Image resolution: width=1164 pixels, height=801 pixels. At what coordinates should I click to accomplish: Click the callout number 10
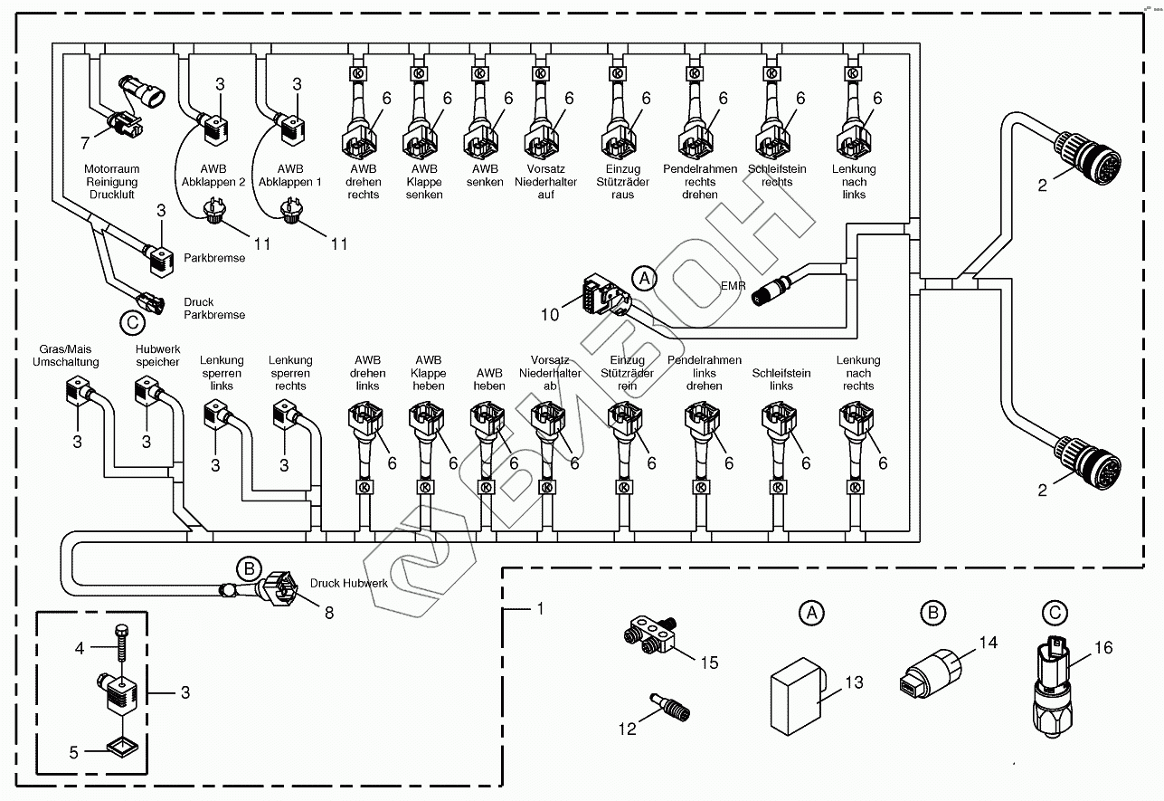[551, 314]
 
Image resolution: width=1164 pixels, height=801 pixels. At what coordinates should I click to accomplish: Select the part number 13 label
[854, 682]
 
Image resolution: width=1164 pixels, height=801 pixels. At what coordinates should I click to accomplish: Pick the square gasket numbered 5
[122, 747]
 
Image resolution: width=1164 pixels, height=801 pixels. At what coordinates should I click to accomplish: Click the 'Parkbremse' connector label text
[214, 258]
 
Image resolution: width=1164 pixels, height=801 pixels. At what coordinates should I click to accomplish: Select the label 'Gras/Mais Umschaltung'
[65, 355]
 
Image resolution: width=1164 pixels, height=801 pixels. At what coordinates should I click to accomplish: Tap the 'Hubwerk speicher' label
[158, 355]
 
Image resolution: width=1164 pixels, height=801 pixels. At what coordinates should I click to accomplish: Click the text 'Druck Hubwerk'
[349, 584]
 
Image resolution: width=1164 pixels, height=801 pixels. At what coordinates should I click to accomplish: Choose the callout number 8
[328, 613]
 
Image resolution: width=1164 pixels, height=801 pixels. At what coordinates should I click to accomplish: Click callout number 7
[86, 143]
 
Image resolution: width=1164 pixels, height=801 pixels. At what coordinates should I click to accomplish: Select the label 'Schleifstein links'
[781, 379]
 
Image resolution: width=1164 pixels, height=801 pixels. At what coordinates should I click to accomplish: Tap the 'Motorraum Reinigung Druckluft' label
[110, 182]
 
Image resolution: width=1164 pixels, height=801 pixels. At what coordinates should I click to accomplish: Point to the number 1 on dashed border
[541, 609]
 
